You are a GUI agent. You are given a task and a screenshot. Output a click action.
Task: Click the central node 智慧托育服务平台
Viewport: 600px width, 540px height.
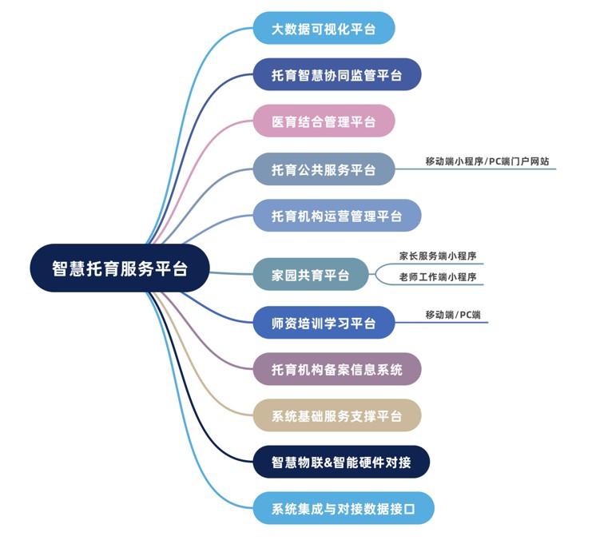point(120,268)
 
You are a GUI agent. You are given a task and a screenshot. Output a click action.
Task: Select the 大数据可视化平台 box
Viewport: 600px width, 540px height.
point(324,29)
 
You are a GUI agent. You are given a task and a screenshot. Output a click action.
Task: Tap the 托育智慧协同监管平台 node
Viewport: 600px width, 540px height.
point(336,75)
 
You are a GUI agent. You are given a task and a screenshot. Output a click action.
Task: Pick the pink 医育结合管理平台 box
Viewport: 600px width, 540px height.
point(324,121)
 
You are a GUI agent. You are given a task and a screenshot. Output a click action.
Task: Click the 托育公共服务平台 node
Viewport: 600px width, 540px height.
point(324,169)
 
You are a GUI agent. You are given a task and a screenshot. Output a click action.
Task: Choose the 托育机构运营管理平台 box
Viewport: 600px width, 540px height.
point(336,216)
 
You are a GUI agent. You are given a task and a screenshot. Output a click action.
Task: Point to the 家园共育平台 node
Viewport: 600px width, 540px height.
point(311,275)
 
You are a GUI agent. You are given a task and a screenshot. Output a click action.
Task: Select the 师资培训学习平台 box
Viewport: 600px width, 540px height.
point(324,323)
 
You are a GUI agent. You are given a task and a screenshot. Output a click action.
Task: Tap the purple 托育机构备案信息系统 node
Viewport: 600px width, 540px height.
point(336,369)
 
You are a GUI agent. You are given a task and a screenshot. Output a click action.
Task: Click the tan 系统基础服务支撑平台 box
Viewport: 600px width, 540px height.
point(336,415)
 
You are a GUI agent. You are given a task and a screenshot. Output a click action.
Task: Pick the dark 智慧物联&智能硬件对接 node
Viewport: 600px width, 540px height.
point(340,462)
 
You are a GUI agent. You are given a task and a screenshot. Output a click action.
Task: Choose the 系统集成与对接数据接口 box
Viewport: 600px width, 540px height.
point(344,508)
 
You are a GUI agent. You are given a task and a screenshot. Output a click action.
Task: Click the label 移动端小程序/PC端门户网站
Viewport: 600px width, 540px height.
point(487,161)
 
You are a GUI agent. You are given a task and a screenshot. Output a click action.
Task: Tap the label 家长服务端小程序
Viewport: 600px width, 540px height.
point(438,256)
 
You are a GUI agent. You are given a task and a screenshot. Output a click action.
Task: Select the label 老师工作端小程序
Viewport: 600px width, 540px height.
point(438,277)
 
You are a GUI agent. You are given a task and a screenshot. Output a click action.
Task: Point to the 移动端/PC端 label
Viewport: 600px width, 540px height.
point(453,315)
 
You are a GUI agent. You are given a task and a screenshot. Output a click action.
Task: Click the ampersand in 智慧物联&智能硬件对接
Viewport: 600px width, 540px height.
point(336,462)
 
